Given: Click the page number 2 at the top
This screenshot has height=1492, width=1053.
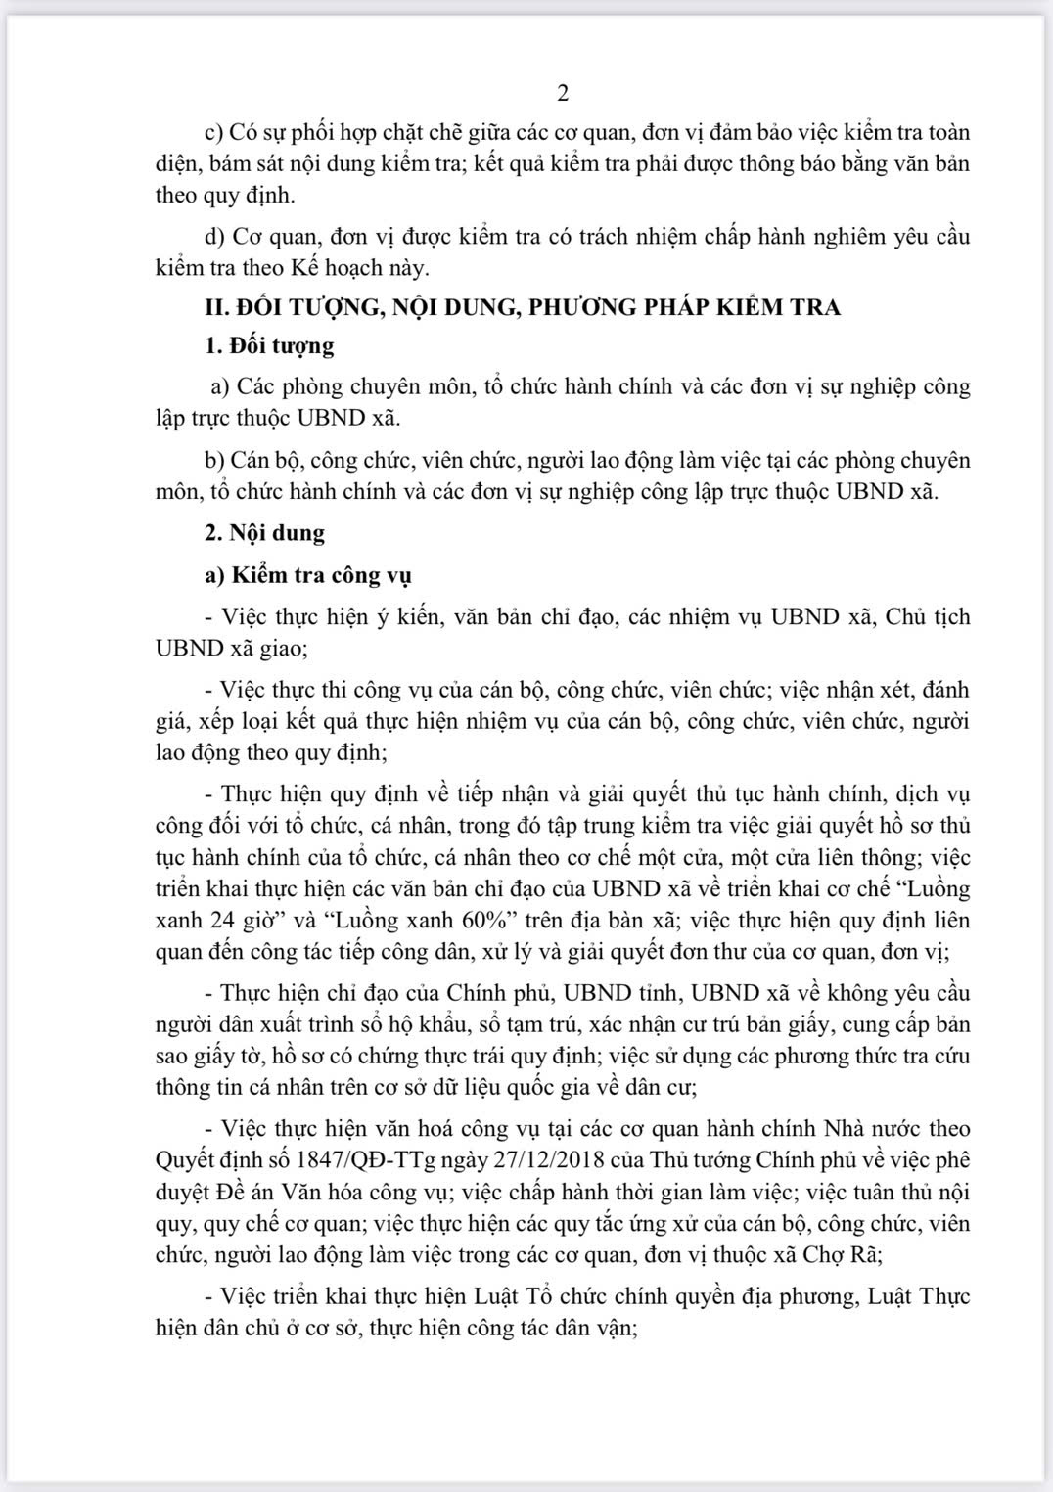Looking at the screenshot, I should coord(563,93).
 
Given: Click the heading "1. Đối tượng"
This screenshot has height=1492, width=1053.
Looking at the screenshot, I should coord(269,345).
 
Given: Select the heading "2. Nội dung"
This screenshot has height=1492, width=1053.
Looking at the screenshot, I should coord(264,533).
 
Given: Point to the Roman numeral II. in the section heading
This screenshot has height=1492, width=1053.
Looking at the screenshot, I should coord(215,307).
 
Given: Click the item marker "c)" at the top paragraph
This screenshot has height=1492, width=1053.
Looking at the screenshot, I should coord(213,132).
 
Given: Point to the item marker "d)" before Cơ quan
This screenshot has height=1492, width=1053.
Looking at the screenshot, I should coord(214,236).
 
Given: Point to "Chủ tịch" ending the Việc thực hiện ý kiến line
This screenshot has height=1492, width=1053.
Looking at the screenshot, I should coord(926,617).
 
